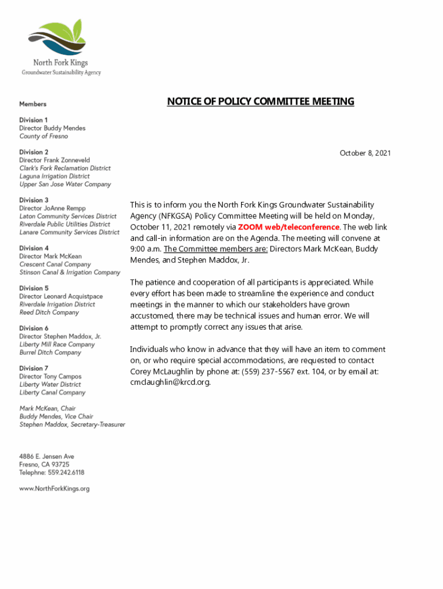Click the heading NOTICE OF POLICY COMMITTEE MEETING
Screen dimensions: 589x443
point(261,102)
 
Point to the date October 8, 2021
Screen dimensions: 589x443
point(365,153)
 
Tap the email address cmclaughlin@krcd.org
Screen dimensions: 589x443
point(170,383)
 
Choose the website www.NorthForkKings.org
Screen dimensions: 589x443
point(55,489)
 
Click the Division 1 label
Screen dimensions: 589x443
point(34,120)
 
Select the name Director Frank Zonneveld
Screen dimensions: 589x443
point(55,160)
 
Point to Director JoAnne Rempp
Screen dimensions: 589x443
point(52,208)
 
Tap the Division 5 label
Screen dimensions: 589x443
point(34,288)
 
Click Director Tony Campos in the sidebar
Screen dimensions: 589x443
point(51,376)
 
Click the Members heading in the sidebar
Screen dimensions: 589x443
point(33,104)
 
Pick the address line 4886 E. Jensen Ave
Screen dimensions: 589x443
point(47,456)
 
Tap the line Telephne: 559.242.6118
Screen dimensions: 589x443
point(52,472)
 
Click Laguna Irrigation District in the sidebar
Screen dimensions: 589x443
point(55,176)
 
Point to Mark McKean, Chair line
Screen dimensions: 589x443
point(48,408)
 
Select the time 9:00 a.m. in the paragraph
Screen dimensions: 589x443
point(145,249)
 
